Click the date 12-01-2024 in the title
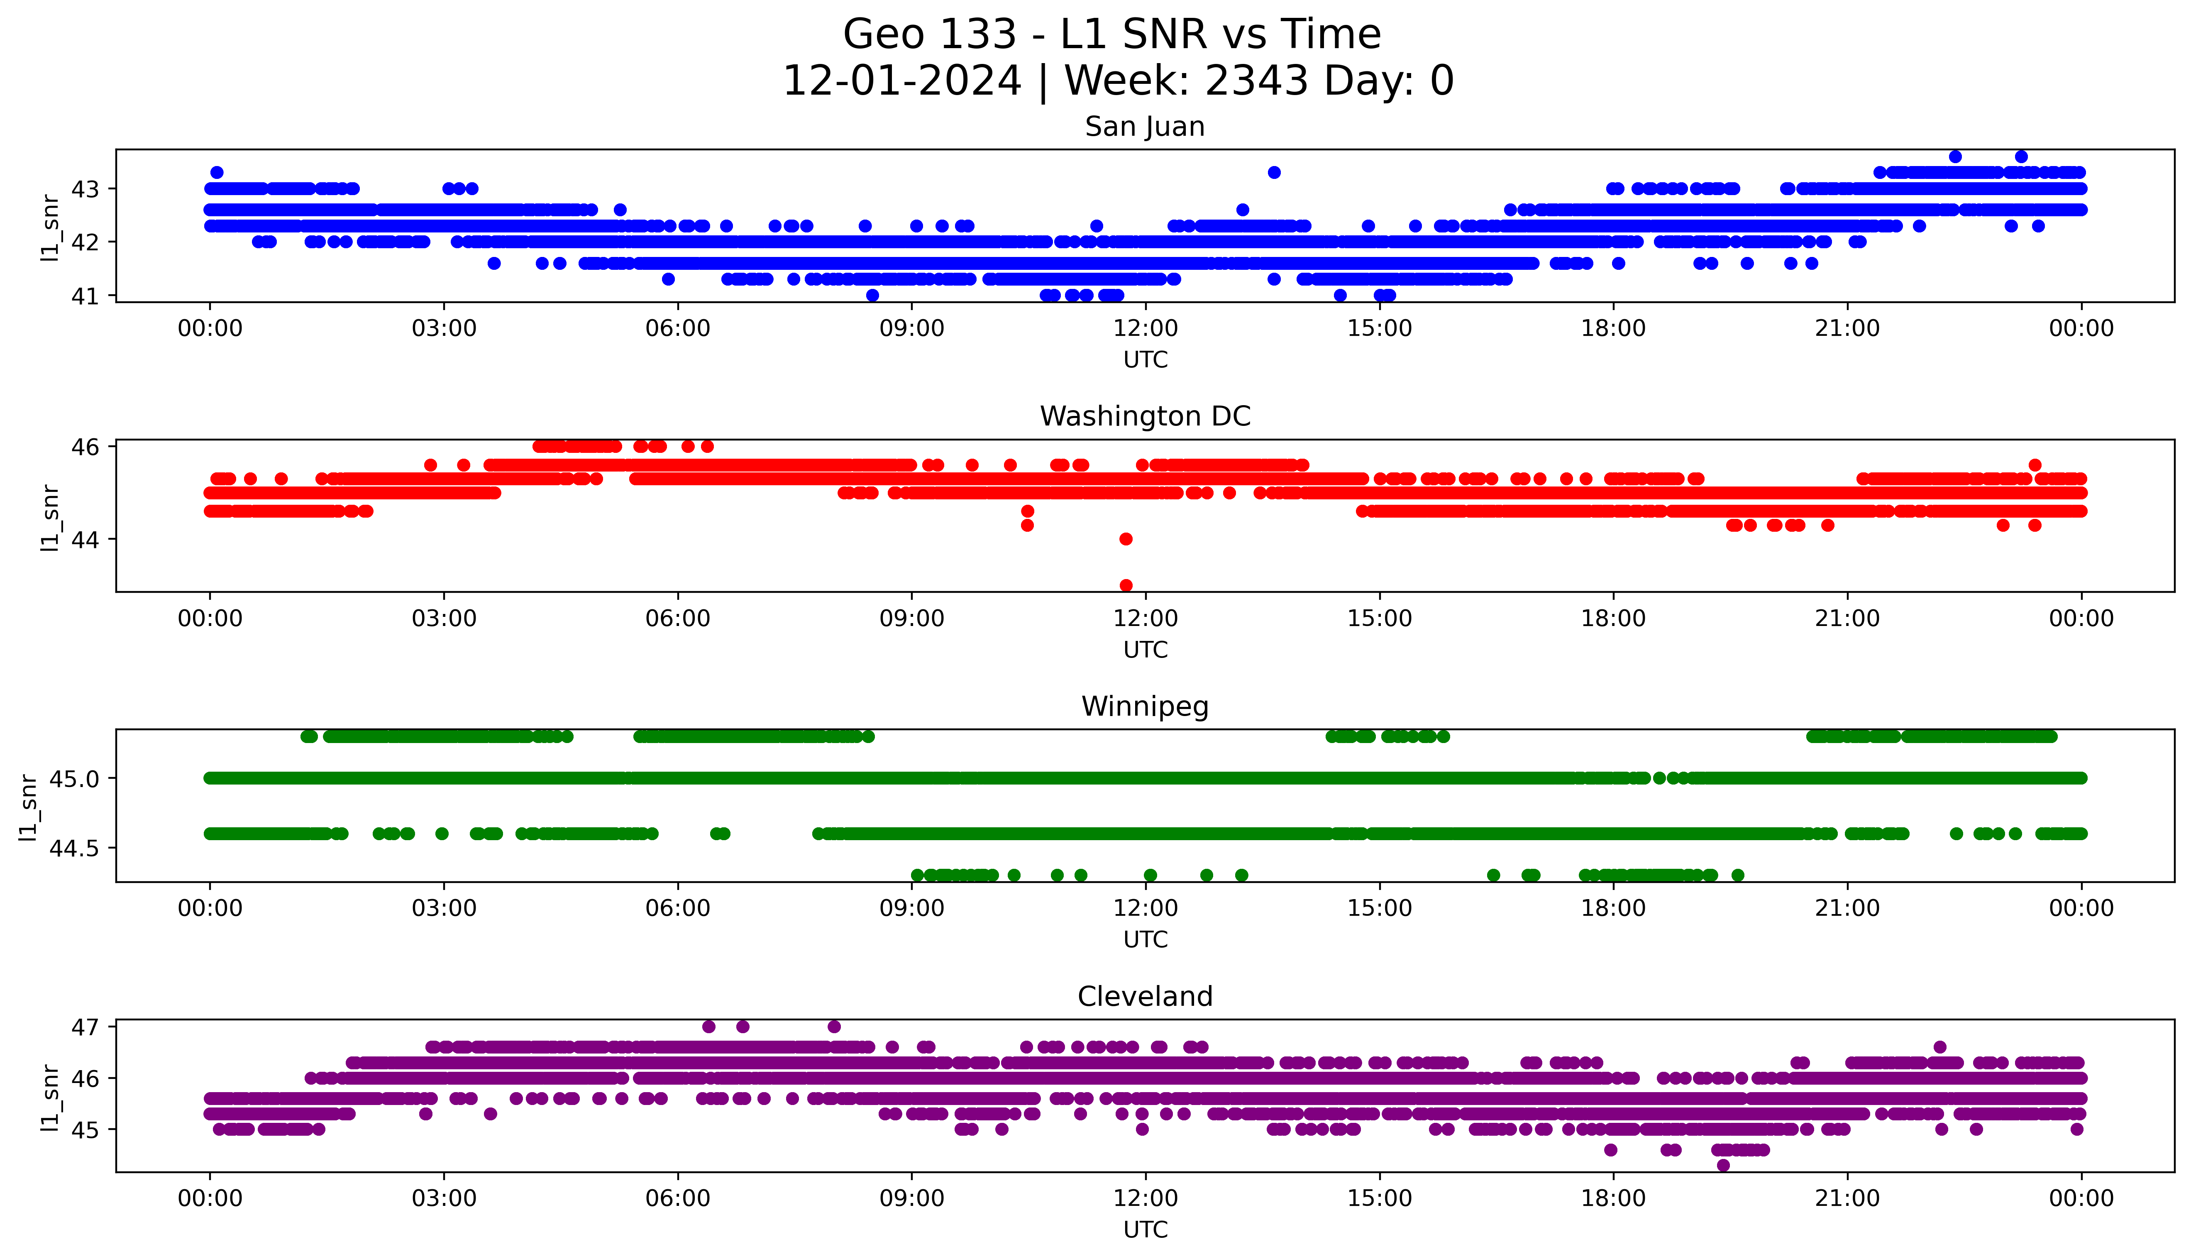(x=901, y=81)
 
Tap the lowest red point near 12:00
(x=1125, y=585)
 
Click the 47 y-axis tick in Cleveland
(x=85, y=1027)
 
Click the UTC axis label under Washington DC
(x=1145, y=649)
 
